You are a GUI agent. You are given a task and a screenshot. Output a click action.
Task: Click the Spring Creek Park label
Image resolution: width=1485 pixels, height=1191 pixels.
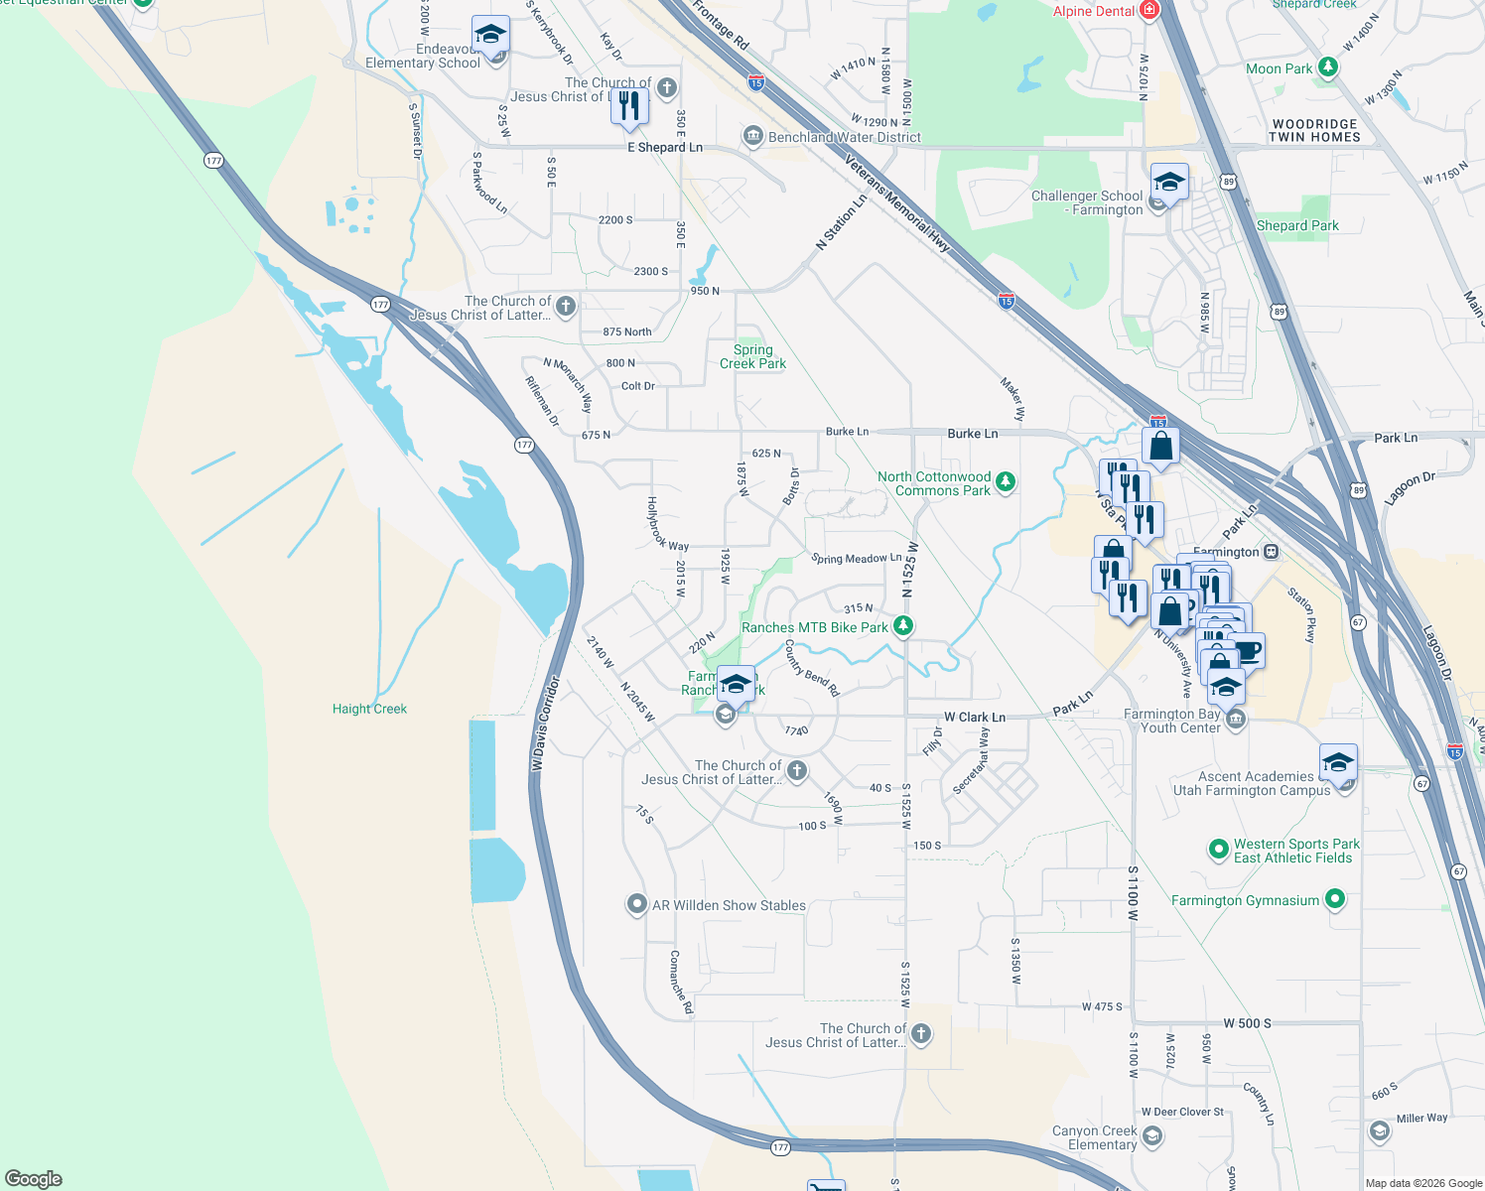(x=752, y=356)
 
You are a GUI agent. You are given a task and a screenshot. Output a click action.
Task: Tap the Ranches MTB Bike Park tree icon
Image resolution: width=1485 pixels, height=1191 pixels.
(x=902, y=625)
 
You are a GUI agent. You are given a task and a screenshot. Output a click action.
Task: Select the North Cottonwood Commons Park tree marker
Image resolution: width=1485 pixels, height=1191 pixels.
(x=1006, y=482)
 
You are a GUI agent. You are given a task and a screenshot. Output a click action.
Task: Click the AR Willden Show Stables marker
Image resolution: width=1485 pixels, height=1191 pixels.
(x=636, y=904)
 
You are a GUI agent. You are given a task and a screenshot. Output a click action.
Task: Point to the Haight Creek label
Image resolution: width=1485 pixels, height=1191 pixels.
(x=369, y=709)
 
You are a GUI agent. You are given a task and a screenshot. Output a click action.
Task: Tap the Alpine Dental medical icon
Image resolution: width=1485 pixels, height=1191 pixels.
(x=1149, y=11)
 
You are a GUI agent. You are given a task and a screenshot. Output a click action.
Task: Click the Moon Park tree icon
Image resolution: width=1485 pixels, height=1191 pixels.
(x=1327, y=67)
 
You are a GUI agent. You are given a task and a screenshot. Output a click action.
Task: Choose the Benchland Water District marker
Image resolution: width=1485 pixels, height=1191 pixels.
(x=752, y=136)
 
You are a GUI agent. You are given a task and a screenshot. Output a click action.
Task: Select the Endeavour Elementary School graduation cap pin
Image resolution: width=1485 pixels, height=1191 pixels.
(x=490, y=36)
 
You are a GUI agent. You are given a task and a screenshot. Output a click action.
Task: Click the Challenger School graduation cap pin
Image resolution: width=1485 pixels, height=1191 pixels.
(x=1169, y=184)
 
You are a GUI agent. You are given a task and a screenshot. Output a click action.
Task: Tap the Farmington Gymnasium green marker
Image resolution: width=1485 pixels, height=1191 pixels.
(x=1335, y=899)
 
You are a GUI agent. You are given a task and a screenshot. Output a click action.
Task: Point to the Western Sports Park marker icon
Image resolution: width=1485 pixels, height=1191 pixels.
(x=1218, y=850)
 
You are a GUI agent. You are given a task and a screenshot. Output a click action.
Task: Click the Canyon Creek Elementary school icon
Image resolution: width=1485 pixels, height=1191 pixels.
(x=1151, y=1135)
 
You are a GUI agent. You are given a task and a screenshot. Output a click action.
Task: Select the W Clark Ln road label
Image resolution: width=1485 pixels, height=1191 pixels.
(x=974, y=717)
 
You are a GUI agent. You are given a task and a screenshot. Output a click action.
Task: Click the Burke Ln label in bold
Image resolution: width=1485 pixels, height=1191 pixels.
(x=972, y=434)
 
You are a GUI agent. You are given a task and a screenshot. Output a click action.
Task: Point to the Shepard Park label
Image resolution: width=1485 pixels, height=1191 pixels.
(x=1296, y=225)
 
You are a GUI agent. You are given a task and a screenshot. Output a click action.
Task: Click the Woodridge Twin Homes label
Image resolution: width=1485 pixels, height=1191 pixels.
(x=1314, y=131)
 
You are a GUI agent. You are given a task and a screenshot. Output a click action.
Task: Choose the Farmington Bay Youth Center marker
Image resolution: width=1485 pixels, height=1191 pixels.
(x=1235, y=720)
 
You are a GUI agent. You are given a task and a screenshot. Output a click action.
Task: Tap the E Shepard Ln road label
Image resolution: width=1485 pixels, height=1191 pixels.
(x=664, y=147)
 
